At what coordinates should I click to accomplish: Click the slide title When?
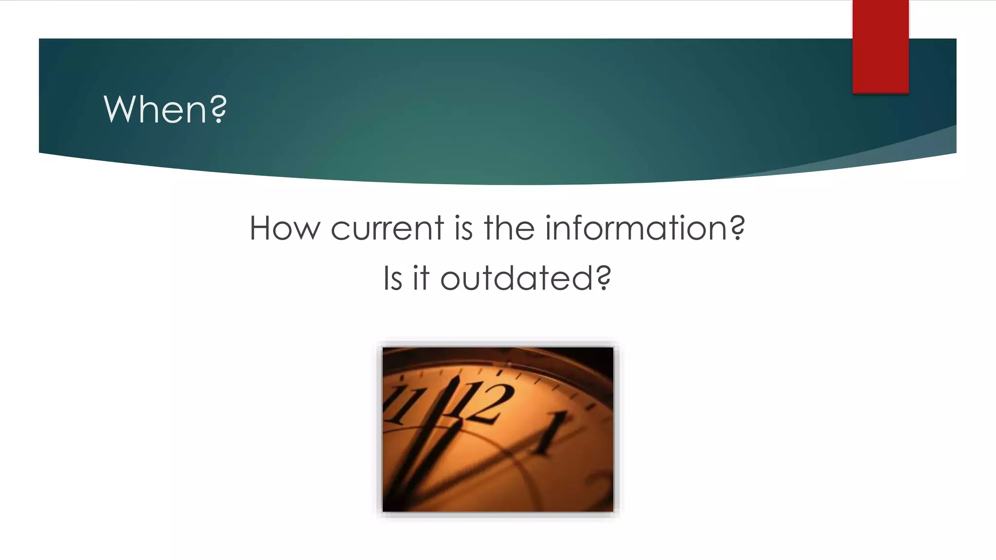[x=165, y=109]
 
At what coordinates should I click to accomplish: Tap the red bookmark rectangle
[x=880, y=46]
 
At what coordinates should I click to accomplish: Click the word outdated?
[x=525, y=278]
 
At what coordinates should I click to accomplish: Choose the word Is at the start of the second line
[x=392, y=278]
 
